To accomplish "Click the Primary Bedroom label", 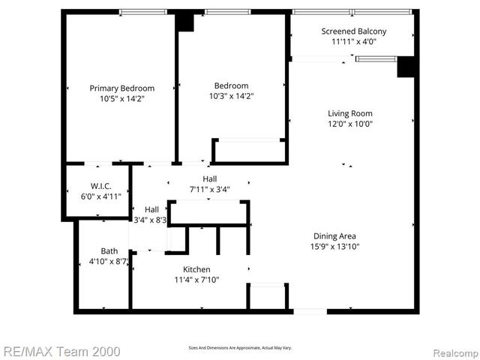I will tap(122, 88).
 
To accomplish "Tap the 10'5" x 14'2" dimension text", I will tap(122, 98).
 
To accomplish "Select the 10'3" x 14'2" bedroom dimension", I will tap(231, 96).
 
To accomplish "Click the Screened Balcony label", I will tap(354, 31).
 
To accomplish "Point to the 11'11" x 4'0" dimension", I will tap(354, 41).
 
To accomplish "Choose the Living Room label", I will tap(350, 114).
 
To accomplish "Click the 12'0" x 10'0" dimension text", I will tap(350, 124).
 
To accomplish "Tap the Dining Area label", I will tap(334, 235).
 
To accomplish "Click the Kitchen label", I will tap(196, 269).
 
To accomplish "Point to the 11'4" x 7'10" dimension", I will tap(196, 280).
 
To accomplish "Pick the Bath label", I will tap(109, 251).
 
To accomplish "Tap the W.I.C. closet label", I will tap(100, 185).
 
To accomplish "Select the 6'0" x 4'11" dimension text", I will tap(100, 196).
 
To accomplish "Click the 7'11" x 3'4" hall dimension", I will tap(209, 190).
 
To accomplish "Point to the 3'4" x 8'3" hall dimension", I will tap(150, 220).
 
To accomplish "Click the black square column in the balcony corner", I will tap(407, 67).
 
